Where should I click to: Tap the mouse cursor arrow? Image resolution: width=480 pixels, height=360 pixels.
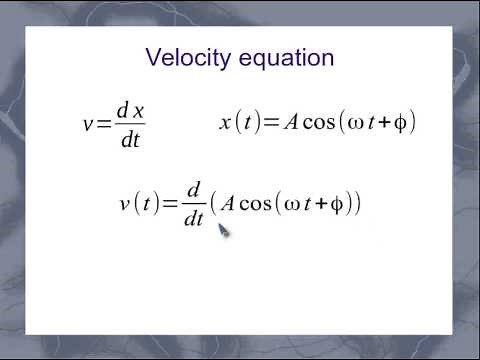[223, 231]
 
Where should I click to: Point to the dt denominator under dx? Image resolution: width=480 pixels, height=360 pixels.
[129, 139]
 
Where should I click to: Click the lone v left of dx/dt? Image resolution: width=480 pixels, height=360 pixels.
[88, 125]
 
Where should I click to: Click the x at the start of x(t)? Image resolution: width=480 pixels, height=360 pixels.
[225, 123]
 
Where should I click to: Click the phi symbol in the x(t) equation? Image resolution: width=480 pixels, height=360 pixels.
[399, 123]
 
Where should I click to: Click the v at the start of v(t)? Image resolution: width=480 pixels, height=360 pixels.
[125, 204]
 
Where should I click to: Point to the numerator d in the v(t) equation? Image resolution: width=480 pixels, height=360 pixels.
[194, 189]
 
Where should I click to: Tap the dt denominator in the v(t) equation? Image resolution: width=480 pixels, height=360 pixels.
[194, 219]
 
